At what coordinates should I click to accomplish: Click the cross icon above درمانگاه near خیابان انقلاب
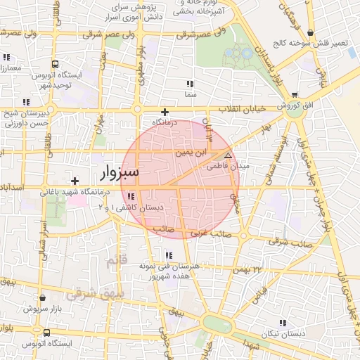165,112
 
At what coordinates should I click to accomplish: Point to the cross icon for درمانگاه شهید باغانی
75,181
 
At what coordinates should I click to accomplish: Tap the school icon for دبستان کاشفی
131,195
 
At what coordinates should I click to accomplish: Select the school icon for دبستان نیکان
282,323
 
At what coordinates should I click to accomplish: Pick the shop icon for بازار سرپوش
44,297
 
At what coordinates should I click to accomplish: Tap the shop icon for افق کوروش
294,95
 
